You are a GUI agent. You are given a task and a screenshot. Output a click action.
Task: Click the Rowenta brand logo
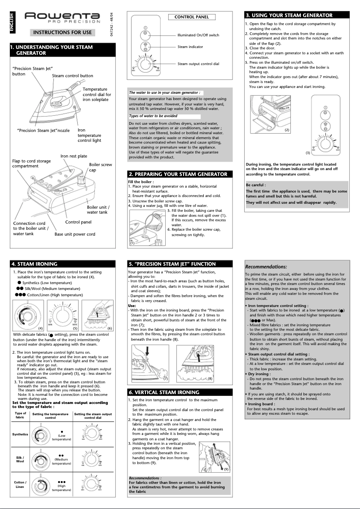pyautogui.click(x=62, y=18)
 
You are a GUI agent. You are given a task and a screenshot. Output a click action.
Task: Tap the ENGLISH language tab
pyautogui.click(x=12, y=22)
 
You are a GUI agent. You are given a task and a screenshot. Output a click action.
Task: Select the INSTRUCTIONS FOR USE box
pyautogui.click(x=62, y=32)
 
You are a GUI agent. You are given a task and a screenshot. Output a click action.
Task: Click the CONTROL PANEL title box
pyautogui.click(x=191, y=17)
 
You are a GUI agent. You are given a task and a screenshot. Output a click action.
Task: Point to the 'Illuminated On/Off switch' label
pyautogui.click(x=198, y=35)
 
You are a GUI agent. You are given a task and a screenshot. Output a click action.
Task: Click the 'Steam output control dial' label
pyautogui.click(x=198, y=64)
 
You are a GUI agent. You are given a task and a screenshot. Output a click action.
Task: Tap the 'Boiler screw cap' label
pyautogui.click(x=100, y=167)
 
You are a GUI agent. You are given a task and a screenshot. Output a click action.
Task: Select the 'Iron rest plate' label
pyautogui.click(x=74, y=156)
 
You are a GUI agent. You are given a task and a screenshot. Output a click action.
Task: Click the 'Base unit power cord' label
pyautogui.click(x=75, y=234)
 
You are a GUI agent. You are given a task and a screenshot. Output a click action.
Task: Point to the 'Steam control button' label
pyautogui.click(x=72, y=76)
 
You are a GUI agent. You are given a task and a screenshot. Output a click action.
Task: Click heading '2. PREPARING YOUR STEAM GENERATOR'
pyautogui.click(x=178, y=174)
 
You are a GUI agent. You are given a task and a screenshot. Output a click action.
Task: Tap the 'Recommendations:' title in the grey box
pyautogui.click(x=266, y=267)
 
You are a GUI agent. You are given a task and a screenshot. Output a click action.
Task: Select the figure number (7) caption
pyautogui.click(x=166, y=379)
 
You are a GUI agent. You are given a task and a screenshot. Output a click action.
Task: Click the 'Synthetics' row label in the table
pyautogui.click(x=20, y=434)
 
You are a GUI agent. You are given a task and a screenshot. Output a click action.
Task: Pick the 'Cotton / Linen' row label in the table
pyautogui.click(x=20, y=484)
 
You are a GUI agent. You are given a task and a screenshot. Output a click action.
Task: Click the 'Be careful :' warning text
pyautogui.click(x=255, y=184)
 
